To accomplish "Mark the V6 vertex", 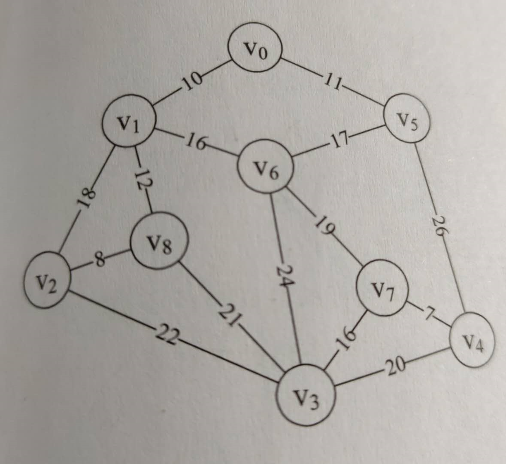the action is (x=267, y=168).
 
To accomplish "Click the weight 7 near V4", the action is (x=428, y=313).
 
